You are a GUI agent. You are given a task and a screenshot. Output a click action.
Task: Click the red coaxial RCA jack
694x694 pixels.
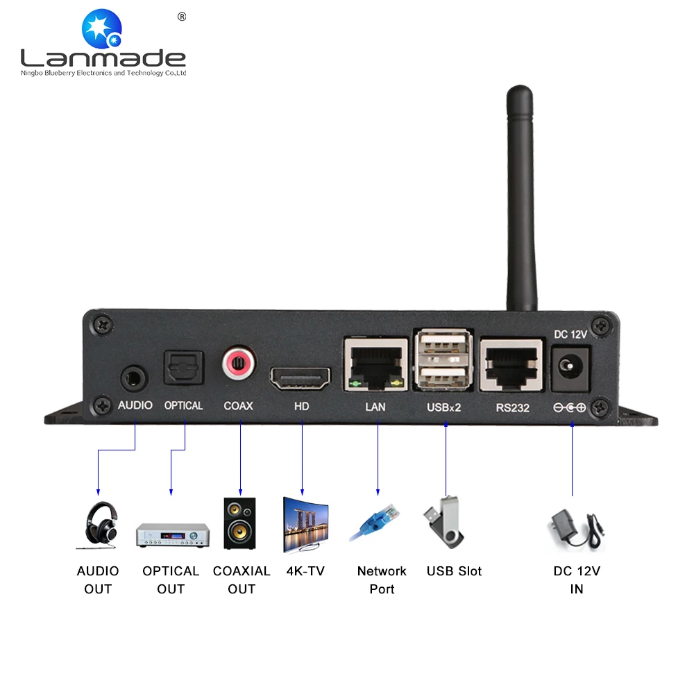(x=239, y=364)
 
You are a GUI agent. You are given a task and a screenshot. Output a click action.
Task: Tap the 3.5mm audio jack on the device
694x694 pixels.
(x=133, y=379)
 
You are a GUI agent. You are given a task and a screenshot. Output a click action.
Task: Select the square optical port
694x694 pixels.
(x=184, y=367)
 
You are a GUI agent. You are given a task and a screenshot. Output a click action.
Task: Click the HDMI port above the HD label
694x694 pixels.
(x=301, y=379)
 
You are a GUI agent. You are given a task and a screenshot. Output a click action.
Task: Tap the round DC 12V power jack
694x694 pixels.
(x=570, y=367)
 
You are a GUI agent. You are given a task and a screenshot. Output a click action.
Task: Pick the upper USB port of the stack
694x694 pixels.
(x=443, y=344)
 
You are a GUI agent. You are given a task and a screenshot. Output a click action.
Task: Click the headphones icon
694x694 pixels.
(x=99, y=525)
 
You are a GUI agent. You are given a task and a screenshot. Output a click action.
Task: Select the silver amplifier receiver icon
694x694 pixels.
(x=173, y=535)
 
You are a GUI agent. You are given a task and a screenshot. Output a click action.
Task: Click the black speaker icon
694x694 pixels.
(x=239, y=523)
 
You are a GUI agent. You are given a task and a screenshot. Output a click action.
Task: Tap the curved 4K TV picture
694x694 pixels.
(x=305, y=525)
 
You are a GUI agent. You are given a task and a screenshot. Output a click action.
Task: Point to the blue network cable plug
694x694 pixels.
(x=375, y=523)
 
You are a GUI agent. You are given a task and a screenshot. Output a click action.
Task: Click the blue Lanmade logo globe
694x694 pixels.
(x=102, y=28)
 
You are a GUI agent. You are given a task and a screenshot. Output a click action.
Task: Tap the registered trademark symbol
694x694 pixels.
(x=182, y=17)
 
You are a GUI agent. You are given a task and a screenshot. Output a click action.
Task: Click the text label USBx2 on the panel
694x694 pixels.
(x=443, y=407)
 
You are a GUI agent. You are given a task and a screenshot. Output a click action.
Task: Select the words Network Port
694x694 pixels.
(x=382, y=579)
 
